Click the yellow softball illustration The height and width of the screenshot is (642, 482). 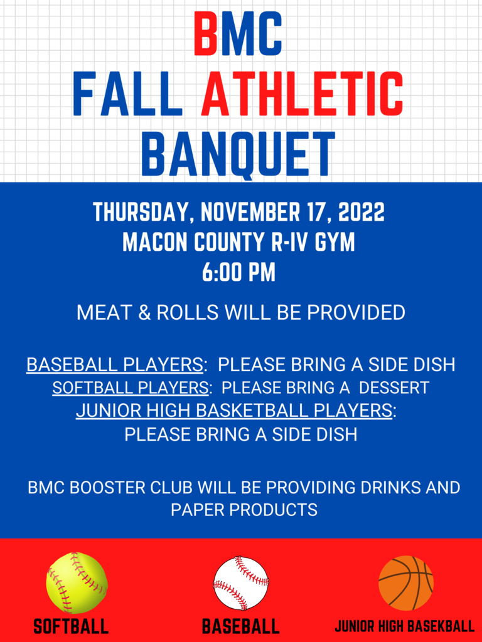pos(77,582)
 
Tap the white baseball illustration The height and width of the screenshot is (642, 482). pos(241,583)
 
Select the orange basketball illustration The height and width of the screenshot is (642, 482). pos(406,583)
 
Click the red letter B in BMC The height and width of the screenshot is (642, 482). pos(206,34)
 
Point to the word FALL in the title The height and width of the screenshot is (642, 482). pos(127,94)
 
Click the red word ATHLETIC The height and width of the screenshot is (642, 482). pos(302,94)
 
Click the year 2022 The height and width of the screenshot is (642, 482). pos(361,212)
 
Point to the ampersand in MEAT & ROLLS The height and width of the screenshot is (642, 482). pos(145,313)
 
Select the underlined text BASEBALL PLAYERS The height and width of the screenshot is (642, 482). pos(114,365)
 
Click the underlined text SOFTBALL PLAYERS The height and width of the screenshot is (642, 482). pos(130,387)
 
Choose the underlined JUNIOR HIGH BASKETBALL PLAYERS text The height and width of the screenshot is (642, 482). pos(234,411)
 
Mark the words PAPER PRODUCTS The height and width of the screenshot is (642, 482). pos(244,510)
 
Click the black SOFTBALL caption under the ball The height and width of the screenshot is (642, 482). pos(72,626)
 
